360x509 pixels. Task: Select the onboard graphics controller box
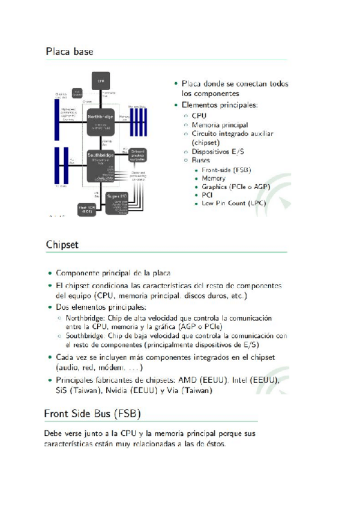pyautogui.click(x=137, y=155)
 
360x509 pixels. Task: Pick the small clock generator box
pyautogui.click(x=77, y=93)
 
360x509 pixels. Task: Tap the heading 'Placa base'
pyautogui.click(x=69, y=52)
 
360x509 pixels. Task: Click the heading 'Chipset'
pyautogui.click(x=62, y=245)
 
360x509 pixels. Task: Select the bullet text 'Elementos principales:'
pyautogui.click(x=220, y=105)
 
